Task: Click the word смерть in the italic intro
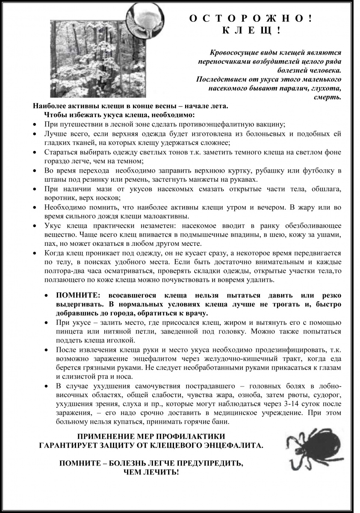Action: (x=330, y=97)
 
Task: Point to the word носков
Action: (x=109, y=198)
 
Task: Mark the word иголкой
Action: (x=122, y=340)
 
